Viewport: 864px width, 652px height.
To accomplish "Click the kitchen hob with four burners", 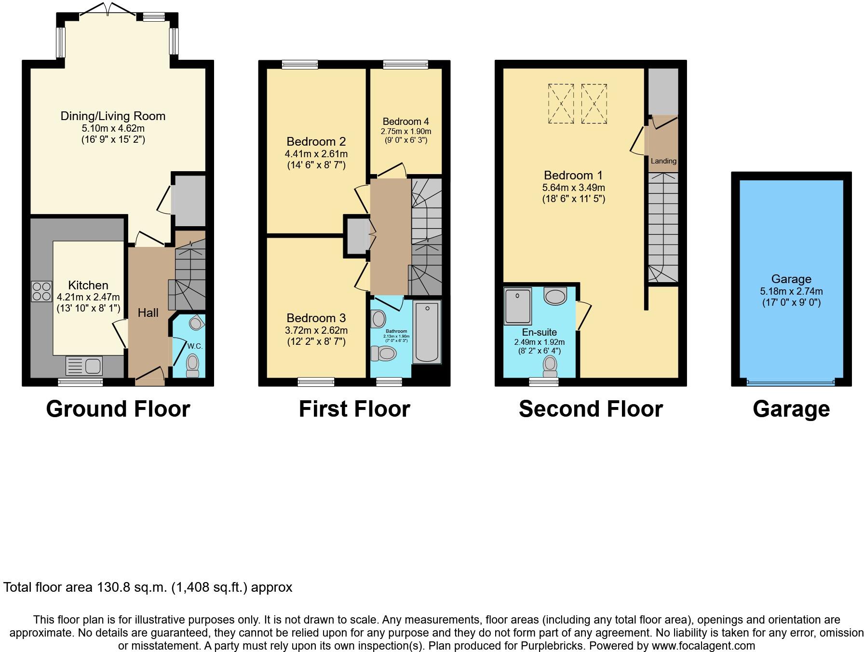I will point(41,291).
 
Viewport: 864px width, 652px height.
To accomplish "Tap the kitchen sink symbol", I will point(83,366).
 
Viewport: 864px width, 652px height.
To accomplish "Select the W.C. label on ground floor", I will point(195,346).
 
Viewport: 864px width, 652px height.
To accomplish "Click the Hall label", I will point(148,312).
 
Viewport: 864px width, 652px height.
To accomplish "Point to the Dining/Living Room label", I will point(113,116).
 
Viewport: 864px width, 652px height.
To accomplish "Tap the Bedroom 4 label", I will point(405,122).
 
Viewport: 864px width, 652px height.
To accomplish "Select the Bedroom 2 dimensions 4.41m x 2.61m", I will point(316,154).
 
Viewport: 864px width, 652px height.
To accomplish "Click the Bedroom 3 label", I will point(316,318).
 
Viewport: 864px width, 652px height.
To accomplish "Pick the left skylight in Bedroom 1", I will point(561,103).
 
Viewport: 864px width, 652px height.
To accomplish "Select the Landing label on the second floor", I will point(663,161).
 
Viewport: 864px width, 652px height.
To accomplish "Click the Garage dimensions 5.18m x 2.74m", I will point(791,291).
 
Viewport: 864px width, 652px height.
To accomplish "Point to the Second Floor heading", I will point(591,409).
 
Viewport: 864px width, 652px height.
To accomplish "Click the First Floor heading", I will point(354,409).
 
